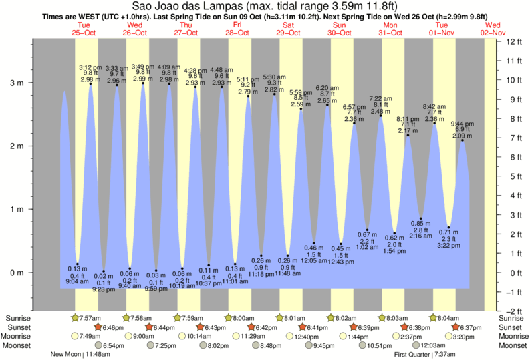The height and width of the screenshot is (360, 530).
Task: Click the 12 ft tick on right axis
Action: (514, 41)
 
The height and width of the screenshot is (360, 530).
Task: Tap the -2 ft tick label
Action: (514, 311)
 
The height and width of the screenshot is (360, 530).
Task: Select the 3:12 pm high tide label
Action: (90, 67)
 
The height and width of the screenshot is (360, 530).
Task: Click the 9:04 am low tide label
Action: (78, 282)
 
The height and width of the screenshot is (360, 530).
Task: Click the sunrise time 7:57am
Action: (88, 317)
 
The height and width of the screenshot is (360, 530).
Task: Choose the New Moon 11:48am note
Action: (80, 354)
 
